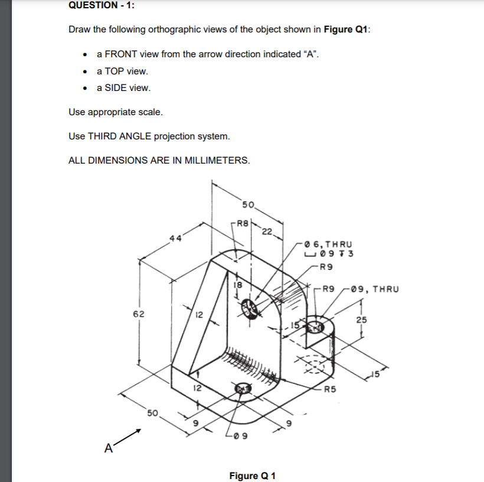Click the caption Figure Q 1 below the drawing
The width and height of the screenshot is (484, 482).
[252, 476]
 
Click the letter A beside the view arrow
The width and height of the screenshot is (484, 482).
[108, 447]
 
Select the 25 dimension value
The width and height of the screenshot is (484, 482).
[362, 320]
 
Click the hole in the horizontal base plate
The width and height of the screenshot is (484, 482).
[243, 387]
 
